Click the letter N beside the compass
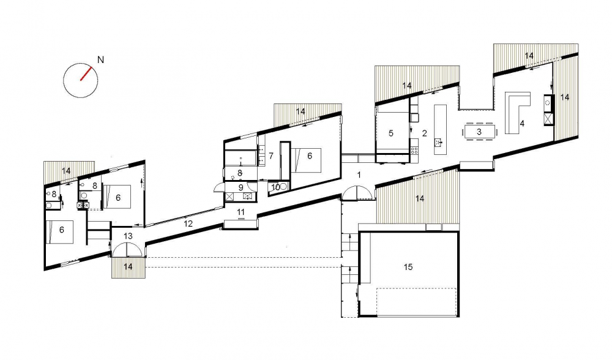101,60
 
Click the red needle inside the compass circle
86,73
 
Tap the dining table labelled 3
480,132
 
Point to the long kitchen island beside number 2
440,129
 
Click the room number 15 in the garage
408,267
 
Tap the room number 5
390,133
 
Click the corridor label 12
188,223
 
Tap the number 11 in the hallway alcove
241,212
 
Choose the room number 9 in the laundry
241,188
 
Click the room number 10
275,187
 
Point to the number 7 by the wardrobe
271,156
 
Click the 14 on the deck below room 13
128,267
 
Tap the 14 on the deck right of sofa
565,97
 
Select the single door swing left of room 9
218,188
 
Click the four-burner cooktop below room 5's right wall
414,150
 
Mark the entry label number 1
359,175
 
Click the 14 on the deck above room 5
407,86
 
